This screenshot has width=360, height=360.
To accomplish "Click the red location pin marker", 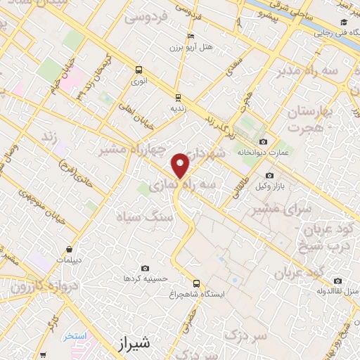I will [x=181, y=165].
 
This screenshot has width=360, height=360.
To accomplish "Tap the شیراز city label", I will [x=131, y=343].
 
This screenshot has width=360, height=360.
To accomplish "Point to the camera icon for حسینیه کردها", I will [x=145, y=268].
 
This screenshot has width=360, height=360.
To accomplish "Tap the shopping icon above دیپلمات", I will [x=70, y=249].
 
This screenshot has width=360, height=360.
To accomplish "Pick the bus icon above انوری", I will [x=139, y=70].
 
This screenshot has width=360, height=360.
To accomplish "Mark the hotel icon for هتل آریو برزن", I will [x=191, y=37].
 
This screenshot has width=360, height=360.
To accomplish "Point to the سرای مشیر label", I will [x=298, y=209].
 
